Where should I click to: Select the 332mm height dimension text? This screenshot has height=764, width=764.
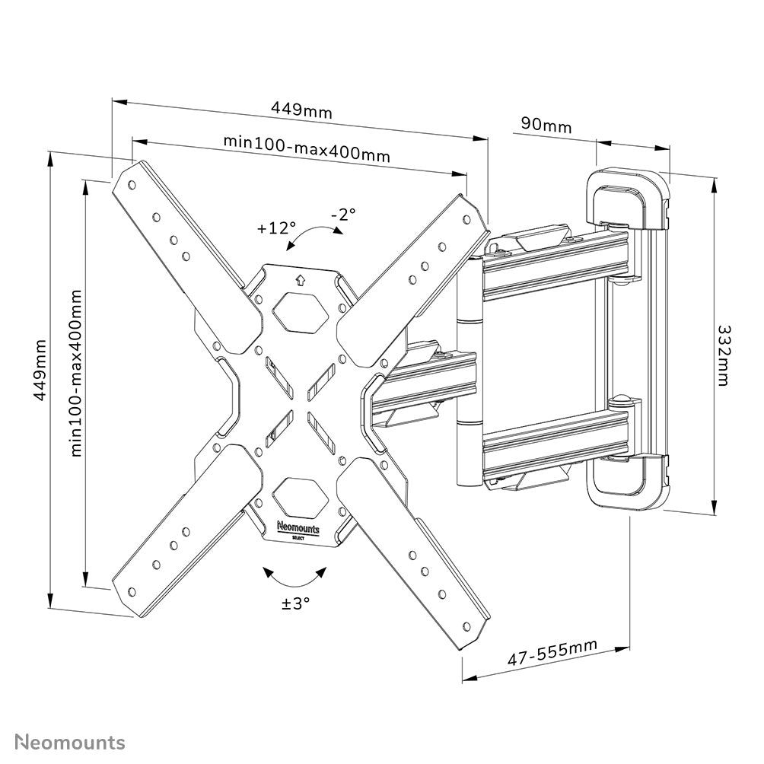(722, 355)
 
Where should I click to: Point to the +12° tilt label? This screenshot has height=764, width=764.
(275, 227)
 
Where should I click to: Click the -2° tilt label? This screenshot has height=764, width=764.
(343, 215)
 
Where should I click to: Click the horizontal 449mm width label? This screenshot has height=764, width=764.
(301, 110)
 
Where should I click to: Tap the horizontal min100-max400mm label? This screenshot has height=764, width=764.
(307, 148)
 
